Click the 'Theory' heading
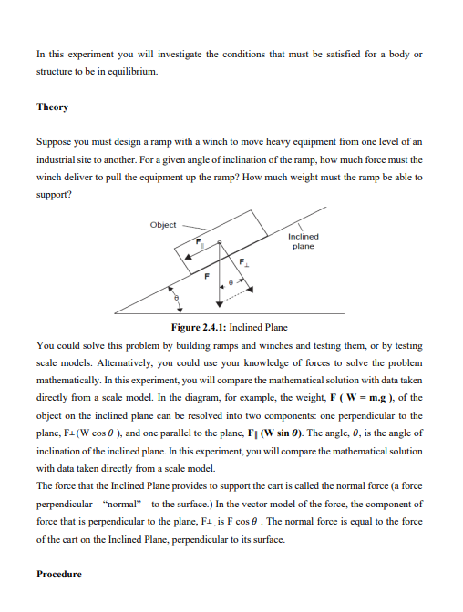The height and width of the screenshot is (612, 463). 52,107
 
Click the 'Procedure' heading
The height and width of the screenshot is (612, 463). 59,574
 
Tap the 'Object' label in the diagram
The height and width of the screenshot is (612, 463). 164,225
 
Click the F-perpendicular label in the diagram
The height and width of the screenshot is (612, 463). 243,262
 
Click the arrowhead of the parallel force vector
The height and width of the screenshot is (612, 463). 188,259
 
